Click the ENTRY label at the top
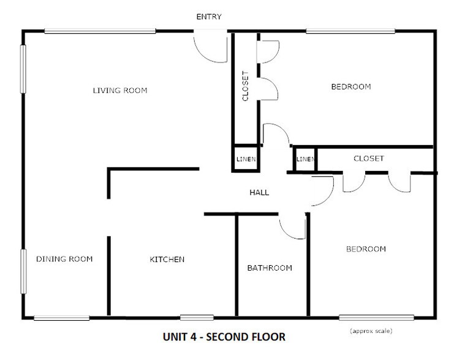[x=208, y=17]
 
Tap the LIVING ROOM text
[x=120, y=91]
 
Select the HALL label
[x=259, y=192]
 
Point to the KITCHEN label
[x=167, y=260]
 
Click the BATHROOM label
[x=270, y=268]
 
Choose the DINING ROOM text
[x=64, y=259]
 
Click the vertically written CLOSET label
[x=246, y=87]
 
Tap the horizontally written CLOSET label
[x=369, y=159]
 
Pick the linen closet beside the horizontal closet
[x=304, y=160]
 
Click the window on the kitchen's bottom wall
[x=197, y=317]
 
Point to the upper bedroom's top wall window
[x=350, y=31]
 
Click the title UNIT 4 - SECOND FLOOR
[x=224, y=337]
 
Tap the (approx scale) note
[x=371, y=331]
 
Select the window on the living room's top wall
[x=100, y=31]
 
